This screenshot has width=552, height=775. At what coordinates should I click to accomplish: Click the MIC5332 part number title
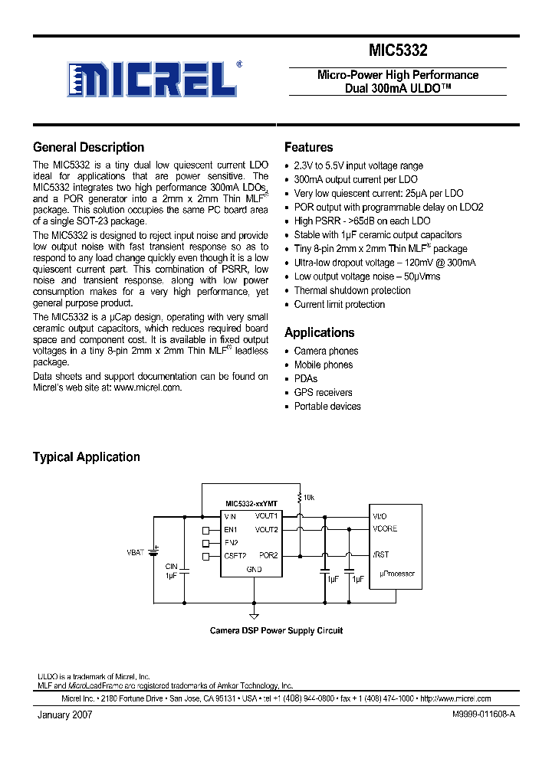(x=398, y=51)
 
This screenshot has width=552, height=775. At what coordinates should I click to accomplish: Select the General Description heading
(x=88, y=148)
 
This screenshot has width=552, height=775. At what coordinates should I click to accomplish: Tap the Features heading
(x=308, y=148)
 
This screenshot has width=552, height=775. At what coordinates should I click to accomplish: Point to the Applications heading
(x=319, y=332)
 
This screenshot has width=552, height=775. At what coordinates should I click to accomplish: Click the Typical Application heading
(x=86, y=457)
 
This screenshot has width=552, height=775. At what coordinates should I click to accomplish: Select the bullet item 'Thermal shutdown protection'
(x=352, y=291)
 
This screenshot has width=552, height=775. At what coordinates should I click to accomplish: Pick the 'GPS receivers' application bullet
(x=323, y=393)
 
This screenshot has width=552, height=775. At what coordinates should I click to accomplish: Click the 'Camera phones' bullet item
(x=326, y=352)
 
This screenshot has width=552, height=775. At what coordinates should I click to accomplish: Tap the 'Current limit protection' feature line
(x=339, y=305)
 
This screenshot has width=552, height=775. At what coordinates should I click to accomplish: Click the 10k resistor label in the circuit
(x=309, y=498)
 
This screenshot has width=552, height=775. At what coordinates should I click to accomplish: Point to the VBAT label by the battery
(x=135, y=551)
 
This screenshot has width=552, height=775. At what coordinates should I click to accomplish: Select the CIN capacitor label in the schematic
(x=172, y=567)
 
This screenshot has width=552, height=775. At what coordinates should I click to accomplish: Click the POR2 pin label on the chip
(x=268, y=555)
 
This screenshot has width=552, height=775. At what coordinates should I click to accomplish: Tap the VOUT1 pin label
(x=266, y=517)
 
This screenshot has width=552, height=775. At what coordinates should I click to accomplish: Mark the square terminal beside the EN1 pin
(x=205, y=530)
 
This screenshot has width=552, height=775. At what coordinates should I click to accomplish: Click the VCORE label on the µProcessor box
(x=385, y=529)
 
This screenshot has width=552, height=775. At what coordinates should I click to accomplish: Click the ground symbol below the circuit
(x=252, y=614)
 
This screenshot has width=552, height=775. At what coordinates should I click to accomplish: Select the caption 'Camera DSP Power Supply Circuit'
(x=276, y=631)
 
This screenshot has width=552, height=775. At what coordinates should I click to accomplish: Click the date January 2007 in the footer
(x=65, y=714)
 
